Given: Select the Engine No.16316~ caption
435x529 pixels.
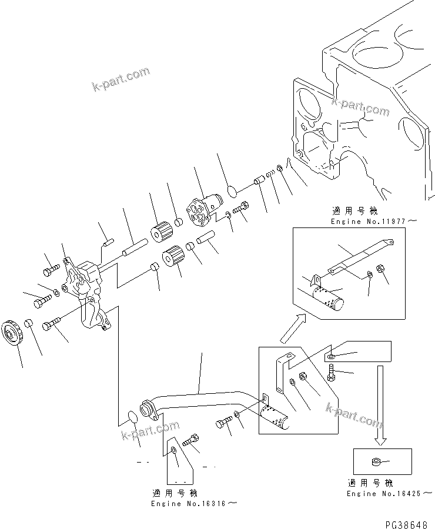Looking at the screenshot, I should (x=195, y=504).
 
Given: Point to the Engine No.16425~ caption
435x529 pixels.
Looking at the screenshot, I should (x=386, y=493).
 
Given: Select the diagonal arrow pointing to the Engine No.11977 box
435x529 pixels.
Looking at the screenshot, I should (x=292, y=329).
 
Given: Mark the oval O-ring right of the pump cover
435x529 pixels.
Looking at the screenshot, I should (x=232, y=190).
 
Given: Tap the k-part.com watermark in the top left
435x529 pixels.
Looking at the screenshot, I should (x=121, y=80).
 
